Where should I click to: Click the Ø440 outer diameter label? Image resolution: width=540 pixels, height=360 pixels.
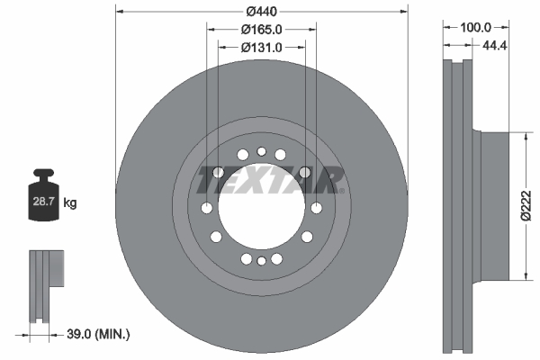261,12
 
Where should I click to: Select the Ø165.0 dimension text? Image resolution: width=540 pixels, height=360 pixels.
261,30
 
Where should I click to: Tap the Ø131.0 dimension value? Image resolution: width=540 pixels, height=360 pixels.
261,48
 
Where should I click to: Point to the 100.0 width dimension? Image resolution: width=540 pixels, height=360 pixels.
475,27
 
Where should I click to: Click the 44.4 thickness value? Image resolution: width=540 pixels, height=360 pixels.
494,45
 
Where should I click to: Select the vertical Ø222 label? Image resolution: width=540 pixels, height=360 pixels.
526,205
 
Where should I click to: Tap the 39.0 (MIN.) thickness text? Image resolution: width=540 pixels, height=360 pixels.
98,334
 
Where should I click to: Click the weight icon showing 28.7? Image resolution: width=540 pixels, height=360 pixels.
43,194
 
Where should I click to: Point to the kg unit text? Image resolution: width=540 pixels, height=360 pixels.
70,202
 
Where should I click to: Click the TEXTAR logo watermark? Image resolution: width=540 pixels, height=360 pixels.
270,180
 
